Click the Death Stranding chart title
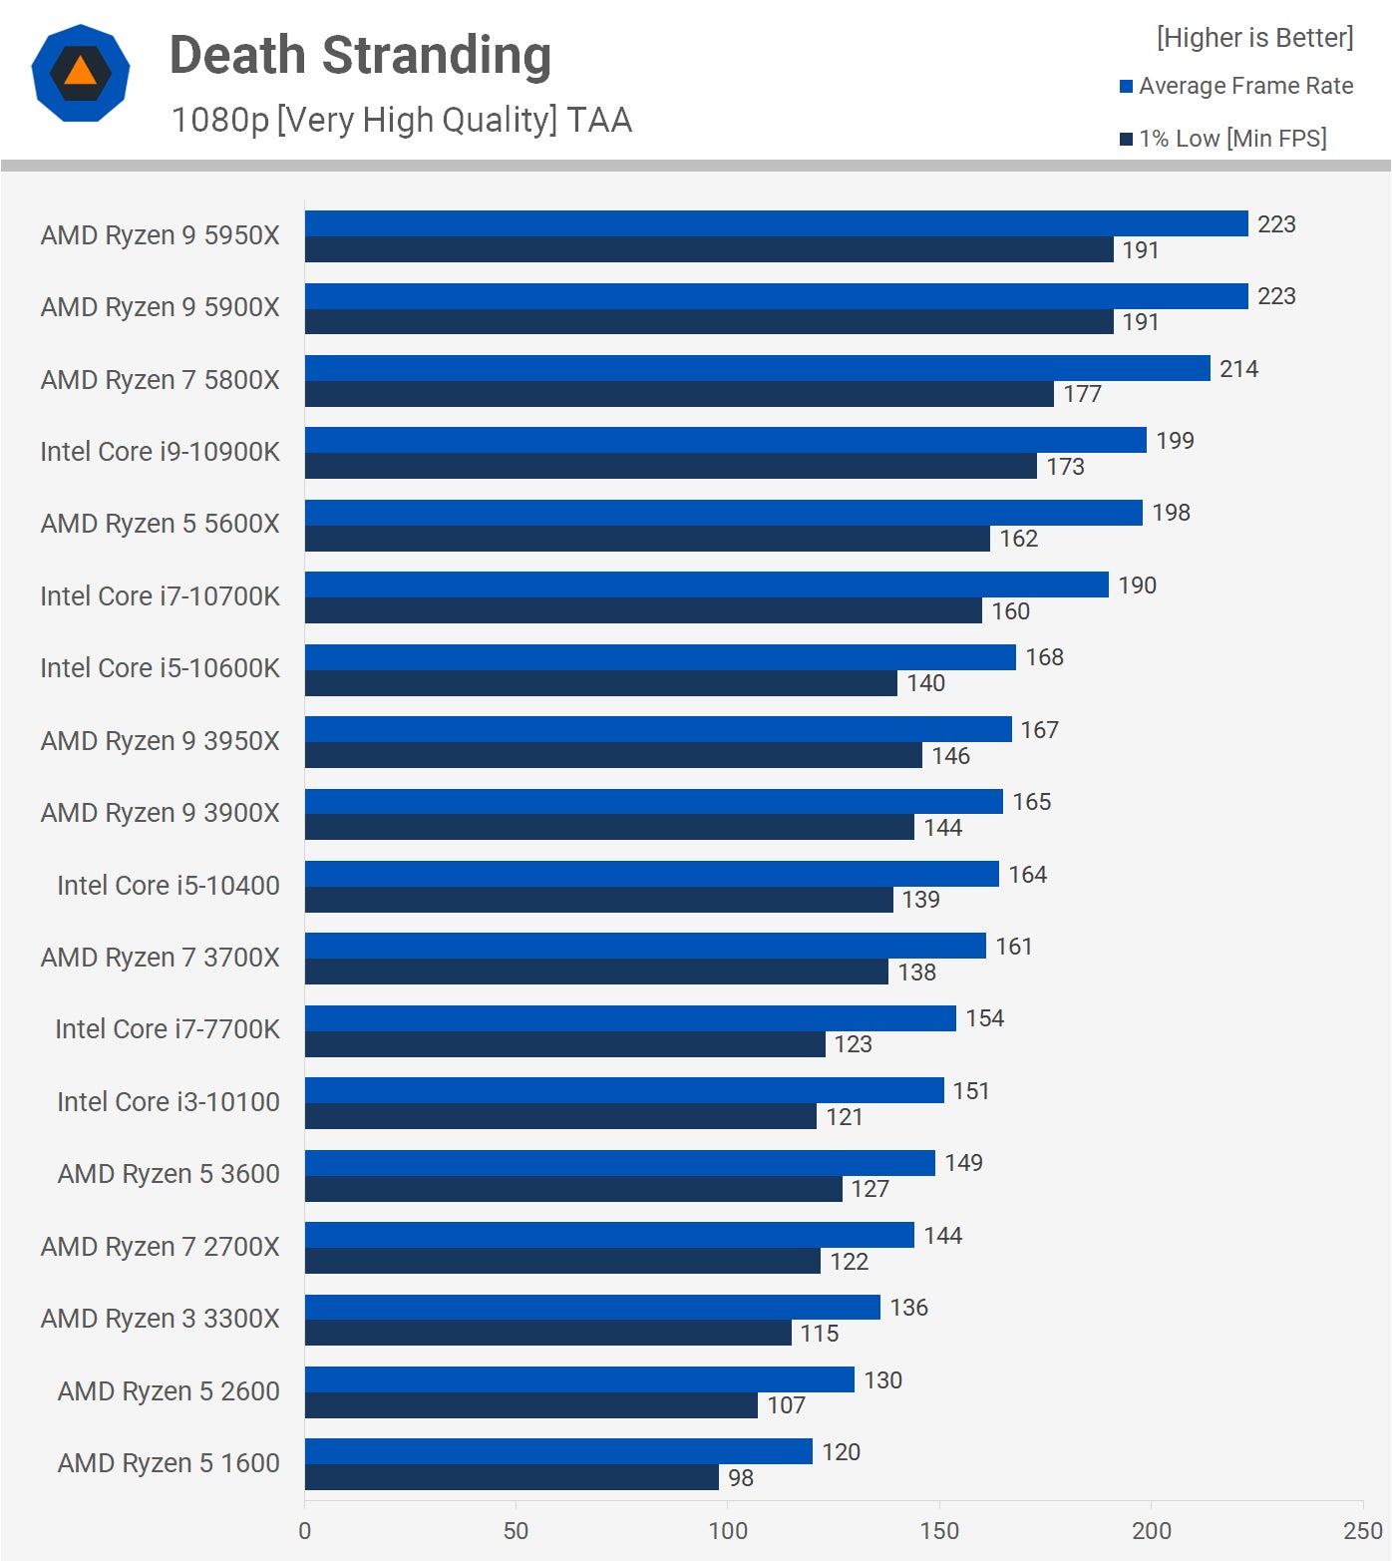point(360,56)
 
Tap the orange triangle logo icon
point(81,73)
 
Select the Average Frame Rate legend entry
point(1236,86)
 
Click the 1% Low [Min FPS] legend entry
point(1223,139)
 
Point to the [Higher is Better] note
point(1254,38)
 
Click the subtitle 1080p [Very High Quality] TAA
point(401,120)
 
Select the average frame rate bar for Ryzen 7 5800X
point(757,368)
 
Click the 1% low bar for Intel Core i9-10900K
point(670,466)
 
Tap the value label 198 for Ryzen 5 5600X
point(1171,513)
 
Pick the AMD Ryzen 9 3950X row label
point(160,741)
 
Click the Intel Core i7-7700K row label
point(167,1029)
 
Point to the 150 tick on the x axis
point(939,1531)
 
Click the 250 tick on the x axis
point(1362,1531)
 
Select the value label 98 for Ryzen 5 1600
point(740,1478)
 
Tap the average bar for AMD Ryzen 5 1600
point(558,1451)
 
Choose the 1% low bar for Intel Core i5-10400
point(598,900)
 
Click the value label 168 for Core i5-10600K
point(1044,657)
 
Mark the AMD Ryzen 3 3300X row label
point(160,1319)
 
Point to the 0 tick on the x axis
point(305,1531)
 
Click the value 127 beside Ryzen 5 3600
point(870,1189)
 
